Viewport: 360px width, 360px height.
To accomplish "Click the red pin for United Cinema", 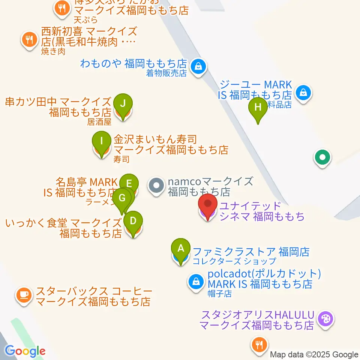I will pos(207,205).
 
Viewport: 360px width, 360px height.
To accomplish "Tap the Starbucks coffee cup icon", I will pos(24,295).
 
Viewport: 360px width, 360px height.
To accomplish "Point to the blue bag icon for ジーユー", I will pos(303,91).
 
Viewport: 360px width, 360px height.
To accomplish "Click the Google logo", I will pos(25,351).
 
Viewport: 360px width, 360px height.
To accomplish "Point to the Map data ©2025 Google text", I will pos(314,355).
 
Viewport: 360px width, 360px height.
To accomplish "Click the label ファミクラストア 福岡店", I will pos(251,252).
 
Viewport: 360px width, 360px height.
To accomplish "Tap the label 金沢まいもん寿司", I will pos(155,140).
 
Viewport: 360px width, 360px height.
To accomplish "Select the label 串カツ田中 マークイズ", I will pos(58,102).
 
